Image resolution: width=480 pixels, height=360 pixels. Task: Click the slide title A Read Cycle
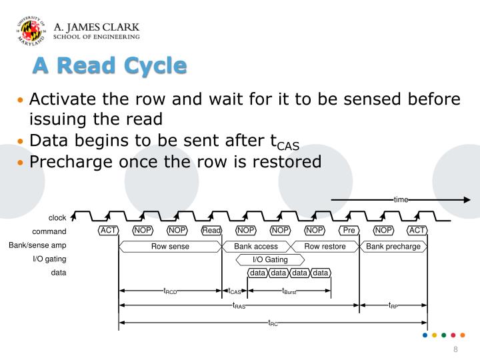click(111, 65)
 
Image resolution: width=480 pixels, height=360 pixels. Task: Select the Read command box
click(211, 231)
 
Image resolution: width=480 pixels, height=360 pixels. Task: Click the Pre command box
click(349, 231)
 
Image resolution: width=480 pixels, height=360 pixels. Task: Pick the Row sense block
click(170, 246)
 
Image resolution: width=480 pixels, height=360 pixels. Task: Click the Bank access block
click(256, 246)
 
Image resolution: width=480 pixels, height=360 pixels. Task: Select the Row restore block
click(325, 246)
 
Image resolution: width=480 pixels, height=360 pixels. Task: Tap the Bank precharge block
click(393, 246)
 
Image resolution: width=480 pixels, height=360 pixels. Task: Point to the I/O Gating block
click(270, 259)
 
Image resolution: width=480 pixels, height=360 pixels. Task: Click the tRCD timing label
click(170, 291)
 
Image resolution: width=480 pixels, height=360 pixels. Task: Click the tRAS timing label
click(239, 306)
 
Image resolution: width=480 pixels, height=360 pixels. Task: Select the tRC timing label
click(273, 323)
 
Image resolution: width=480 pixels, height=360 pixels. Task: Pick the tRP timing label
click(393, 306)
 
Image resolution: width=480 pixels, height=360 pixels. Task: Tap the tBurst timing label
click(289, 291)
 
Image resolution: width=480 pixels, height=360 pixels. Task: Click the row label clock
click(57, 218)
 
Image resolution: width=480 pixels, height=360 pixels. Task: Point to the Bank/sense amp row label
click(37, 245)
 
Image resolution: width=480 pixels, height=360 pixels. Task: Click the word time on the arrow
click(401, 199)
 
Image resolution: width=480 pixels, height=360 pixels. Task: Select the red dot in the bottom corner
click(453, 335)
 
